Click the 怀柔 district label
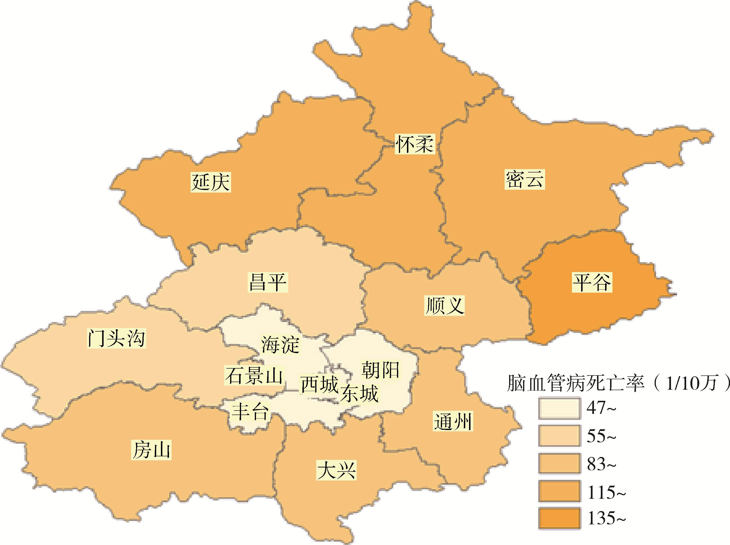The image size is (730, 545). (415, 144)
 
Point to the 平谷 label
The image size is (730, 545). (592, 282)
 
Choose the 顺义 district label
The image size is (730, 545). (444, 305)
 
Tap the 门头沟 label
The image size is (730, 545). (116, 338)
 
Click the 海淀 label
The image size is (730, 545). (280, 344)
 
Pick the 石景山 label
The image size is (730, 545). (254, 375)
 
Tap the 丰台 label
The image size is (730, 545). (250, 412)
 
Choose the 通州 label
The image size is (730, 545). (453, 421)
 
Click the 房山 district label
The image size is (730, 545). (151, 450)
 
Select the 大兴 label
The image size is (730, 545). (336, 470)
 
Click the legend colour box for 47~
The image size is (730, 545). (559, 409)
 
